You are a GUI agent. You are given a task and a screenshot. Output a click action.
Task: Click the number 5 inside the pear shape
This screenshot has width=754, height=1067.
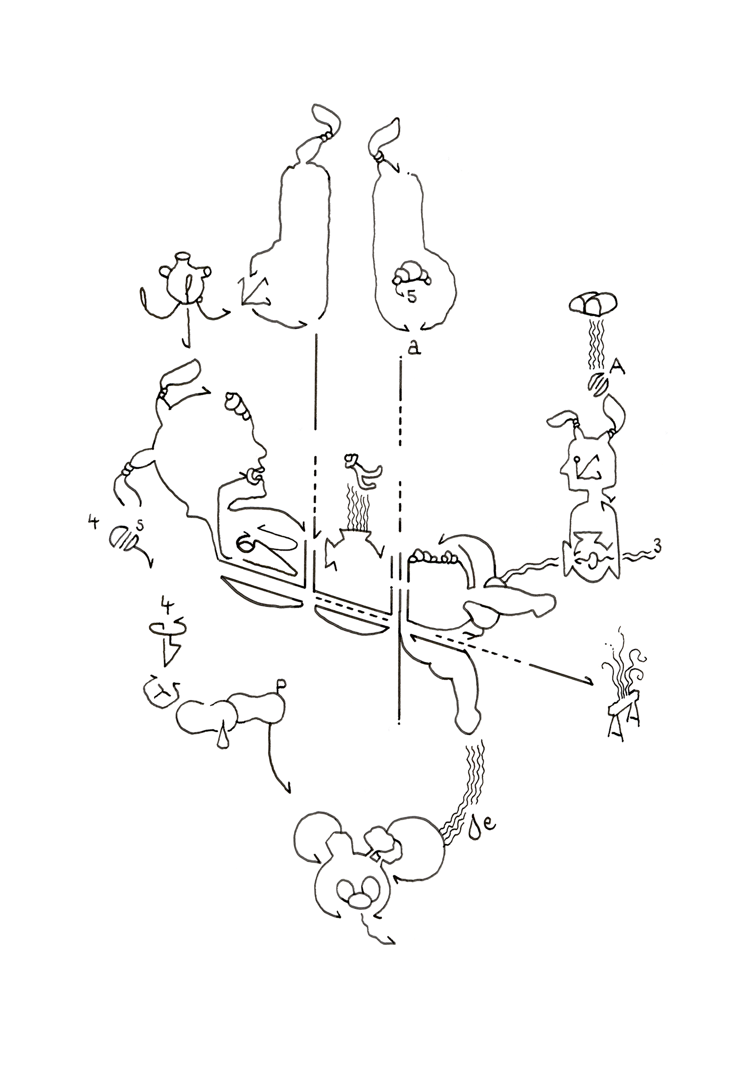click(x=411, y=297)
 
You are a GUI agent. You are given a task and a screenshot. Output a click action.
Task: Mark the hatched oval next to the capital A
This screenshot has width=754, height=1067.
click(x=598, y=383)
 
